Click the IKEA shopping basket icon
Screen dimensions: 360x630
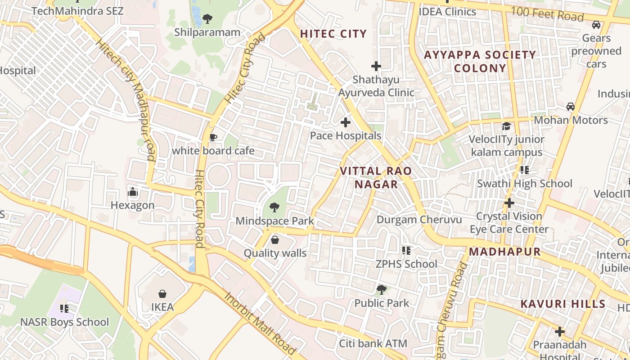click(x=162, y=294)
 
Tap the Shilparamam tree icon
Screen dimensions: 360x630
click(x=207, y=19)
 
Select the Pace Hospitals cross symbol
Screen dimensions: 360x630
click(x=345, y=122)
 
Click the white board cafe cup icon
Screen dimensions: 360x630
click(x=213, y=137)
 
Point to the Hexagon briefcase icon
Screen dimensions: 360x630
click(x=132, y=192)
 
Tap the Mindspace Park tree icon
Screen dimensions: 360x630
click(x=274, y=207)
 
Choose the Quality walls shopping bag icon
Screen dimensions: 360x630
click(x=275, y=240)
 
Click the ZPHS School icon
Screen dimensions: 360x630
click(x=406, y=251)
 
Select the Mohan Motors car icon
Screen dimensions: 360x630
click(x=571, y=107)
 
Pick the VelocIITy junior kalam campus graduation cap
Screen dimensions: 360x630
click(x=506, y=126)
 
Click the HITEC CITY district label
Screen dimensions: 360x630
click(x=333, y=34)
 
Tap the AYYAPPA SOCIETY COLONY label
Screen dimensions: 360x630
click(x=480, y=62)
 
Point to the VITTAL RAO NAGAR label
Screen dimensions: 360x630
click(x=376, y=178)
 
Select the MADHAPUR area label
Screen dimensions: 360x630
click(x=504, y=252)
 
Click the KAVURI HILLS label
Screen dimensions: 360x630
click(x=563, y=304)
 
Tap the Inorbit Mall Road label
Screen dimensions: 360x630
click(x=260, y=323)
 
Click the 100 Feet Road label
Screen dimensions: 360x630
click(x=547, y=14)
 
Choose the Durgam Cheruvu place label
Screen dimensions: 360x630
click(x=419, y=220)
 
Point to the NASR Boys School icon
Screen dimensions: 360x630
click(x=64, y=309)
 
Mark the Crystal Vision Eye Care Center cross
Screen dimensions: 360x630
click(x=509, y=203)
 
